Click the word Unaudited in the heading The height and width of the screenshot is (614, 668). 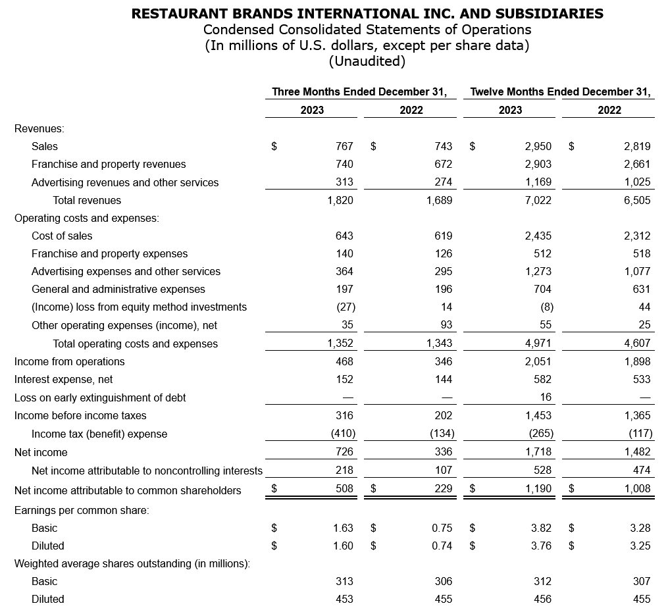(367, 61)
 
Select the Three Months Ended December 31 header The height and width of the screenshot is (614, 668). (360, 91)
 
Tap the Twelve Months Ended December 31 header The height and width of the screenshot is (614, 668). (560, 91)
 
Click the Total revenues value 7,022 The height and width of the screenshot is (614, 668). (538, 200)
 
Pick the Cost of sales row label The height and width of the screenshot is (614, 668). (62, 236)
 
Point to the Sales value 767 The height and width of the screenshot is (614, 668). (344, 146)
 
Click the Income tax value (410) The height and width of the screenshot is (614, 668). (342, 434)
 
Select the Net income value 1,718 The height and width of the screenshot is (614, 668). (538, 452)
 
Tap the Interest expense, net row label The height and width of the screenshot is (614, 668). (63, 379)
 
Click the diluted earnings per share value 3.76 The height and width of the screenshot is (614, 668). (540, 546)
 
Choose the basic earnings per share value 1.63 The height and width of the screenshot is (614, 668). (343, 528)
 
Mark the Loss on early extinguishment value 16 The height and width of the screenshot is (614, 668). (545, 397)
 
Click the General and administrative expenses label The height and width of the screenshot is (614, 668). (118, 289)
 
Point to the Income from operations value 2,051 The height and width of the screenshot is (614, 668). (538, 361)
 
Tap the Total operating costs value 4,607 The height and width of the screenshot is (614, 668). (637, 344)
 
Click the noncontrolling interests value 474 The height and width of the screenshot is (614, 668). (642, 470)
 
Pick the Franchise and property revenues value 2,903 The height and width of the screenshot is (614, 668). (538, 164)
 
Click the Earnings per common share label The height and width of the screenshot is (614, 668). (82, 510)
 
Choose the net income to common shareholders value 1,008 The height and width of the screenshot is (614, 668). (637, 488)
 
